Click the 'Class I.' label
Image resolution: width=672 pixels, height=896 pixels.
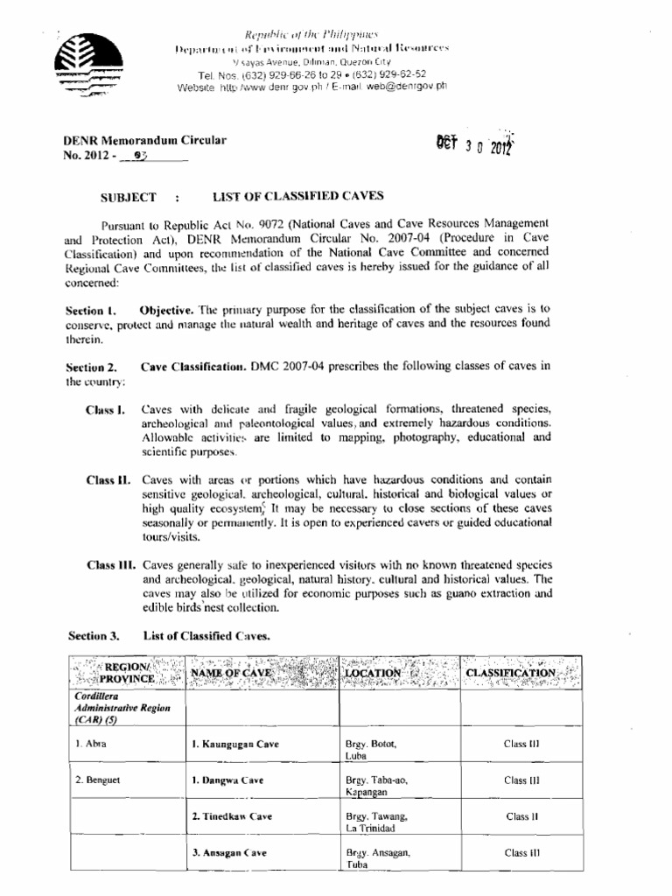click(106, 409)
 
